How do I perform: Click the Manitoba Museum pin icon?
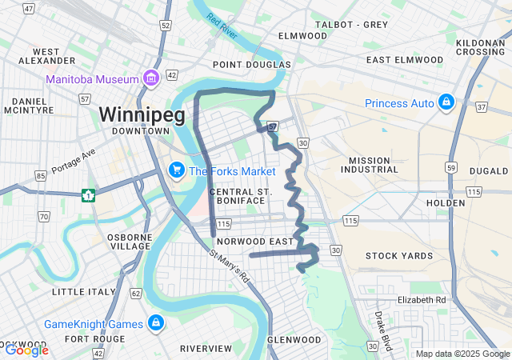tap(150, 78)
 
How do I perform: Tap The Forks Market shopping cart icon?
tap(176, 170)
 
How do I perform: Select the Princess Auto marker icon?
tap(446, 103)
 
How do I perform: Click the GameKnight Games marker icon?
tap(156, 323)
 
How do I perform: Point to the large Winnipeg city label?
tap(142, 114)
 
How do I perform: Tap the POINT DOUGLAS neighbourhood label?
tap(252, 65)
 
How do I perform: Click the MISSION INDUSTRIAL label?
tap(369, 166)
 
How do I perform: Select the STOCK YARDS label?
tap(398, 256)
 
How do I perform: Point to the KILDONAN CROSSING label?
tap(480, 47)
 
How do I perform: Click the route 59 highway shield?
tap(452, 168)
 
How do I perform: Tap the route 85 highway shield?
tap(40, 175)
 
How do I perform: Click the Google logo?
tap(26, 350)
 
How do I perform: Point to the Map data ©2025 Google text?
tap(462, 354)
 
